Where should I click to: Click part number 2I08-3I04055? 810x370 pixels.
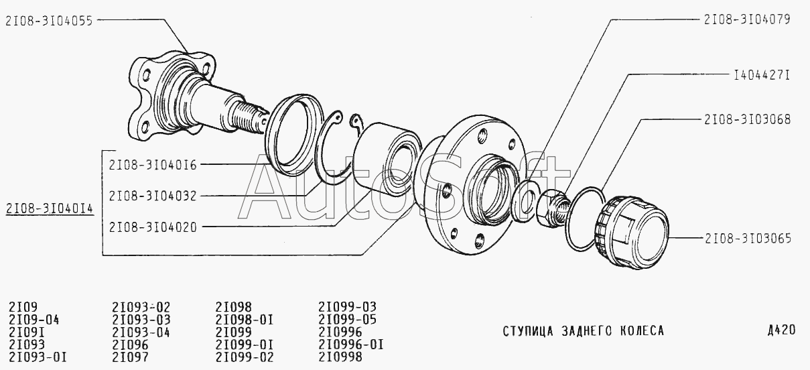point(49,21)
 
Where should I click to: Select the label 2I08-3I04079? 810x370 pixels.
point(747,19)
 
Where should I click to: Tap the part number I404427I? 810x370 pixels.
point(762,75)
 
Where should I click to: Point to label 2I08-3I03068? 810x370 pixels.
point(748,119)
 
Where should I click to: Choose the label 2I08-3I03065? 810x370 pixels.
point(748,239)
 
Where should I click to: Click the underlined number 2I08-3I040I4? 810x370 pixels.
point(50,208)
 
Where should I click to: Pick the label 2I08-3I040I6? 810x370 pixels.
point(153,165)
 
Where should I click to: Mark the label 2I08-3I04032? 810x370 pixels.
point(153,196)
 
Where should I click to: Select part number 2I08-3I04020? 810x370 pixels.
point(153,227)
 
